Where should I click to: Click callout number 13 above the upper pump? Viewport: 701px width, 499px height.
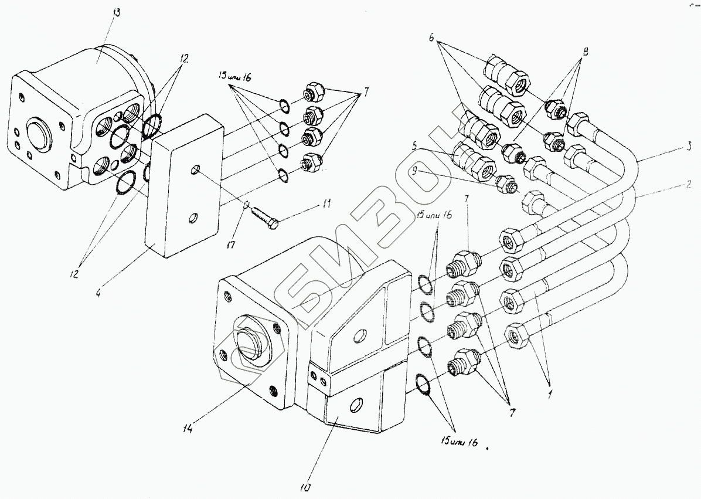click(x=116, y=13)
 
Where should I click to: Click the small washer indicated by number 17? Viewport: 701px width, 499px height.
click(x=247, y=205)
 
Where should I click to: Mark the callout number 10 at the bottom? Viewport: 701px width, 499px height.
click(x=308, y=487)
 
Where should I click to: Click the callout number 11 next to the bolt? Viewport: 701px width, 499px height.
click(x=326, y=205)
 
